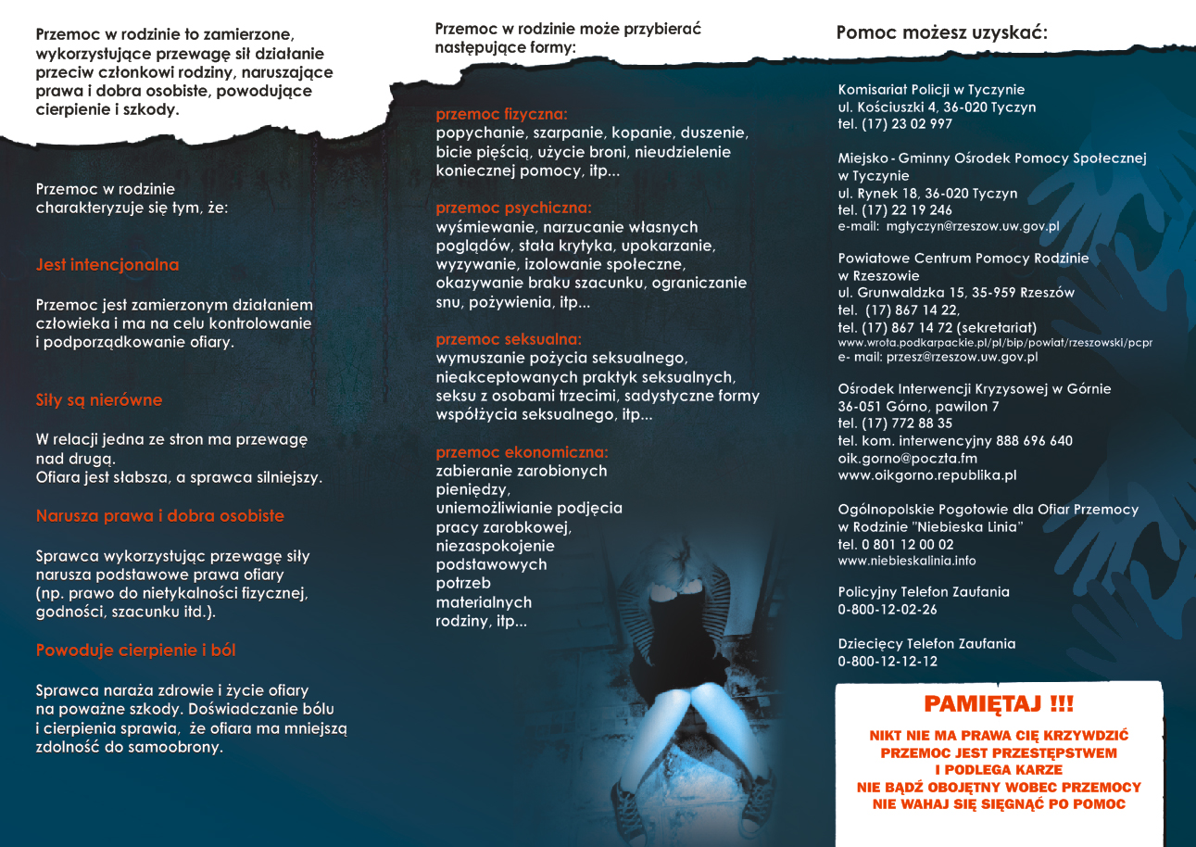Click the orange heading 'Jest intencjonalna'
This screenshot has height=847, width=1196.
point(107,265)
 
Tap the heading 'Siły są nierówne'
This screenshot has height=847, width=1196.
point(99,400)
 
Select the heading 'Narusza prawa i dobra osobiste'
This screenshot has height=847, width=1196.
point(160,516)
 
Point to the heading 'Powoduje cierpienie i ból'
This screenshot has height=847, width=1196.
point(136,651)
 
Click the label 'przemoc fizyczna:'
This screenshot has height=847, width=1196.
point(501,115)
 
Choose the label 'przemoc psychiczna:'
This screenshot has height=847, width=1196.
point(513,209)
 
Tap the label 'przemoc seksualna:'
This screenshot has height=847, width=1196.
point(509,339)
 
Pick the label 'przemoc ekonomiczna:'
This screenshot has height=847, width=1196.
point(522,452)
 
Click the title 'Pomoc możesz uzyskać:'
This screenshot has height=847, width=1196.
point(942,34)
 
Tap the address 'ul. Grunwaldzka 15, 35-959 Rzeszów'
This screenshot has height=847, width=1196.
point(956,293)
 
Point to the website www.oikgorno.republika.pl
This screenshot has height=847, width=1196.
point(927,475)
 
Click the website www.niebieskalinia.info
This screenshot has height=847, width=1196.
point(907,561)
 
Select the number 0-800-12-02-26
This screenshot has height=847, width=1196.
point(888,610)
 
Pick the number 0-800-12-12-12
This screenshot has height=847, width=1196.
point(888,662)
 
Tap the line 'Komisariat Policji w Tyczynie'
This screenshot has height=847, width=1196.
point(931,90)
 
